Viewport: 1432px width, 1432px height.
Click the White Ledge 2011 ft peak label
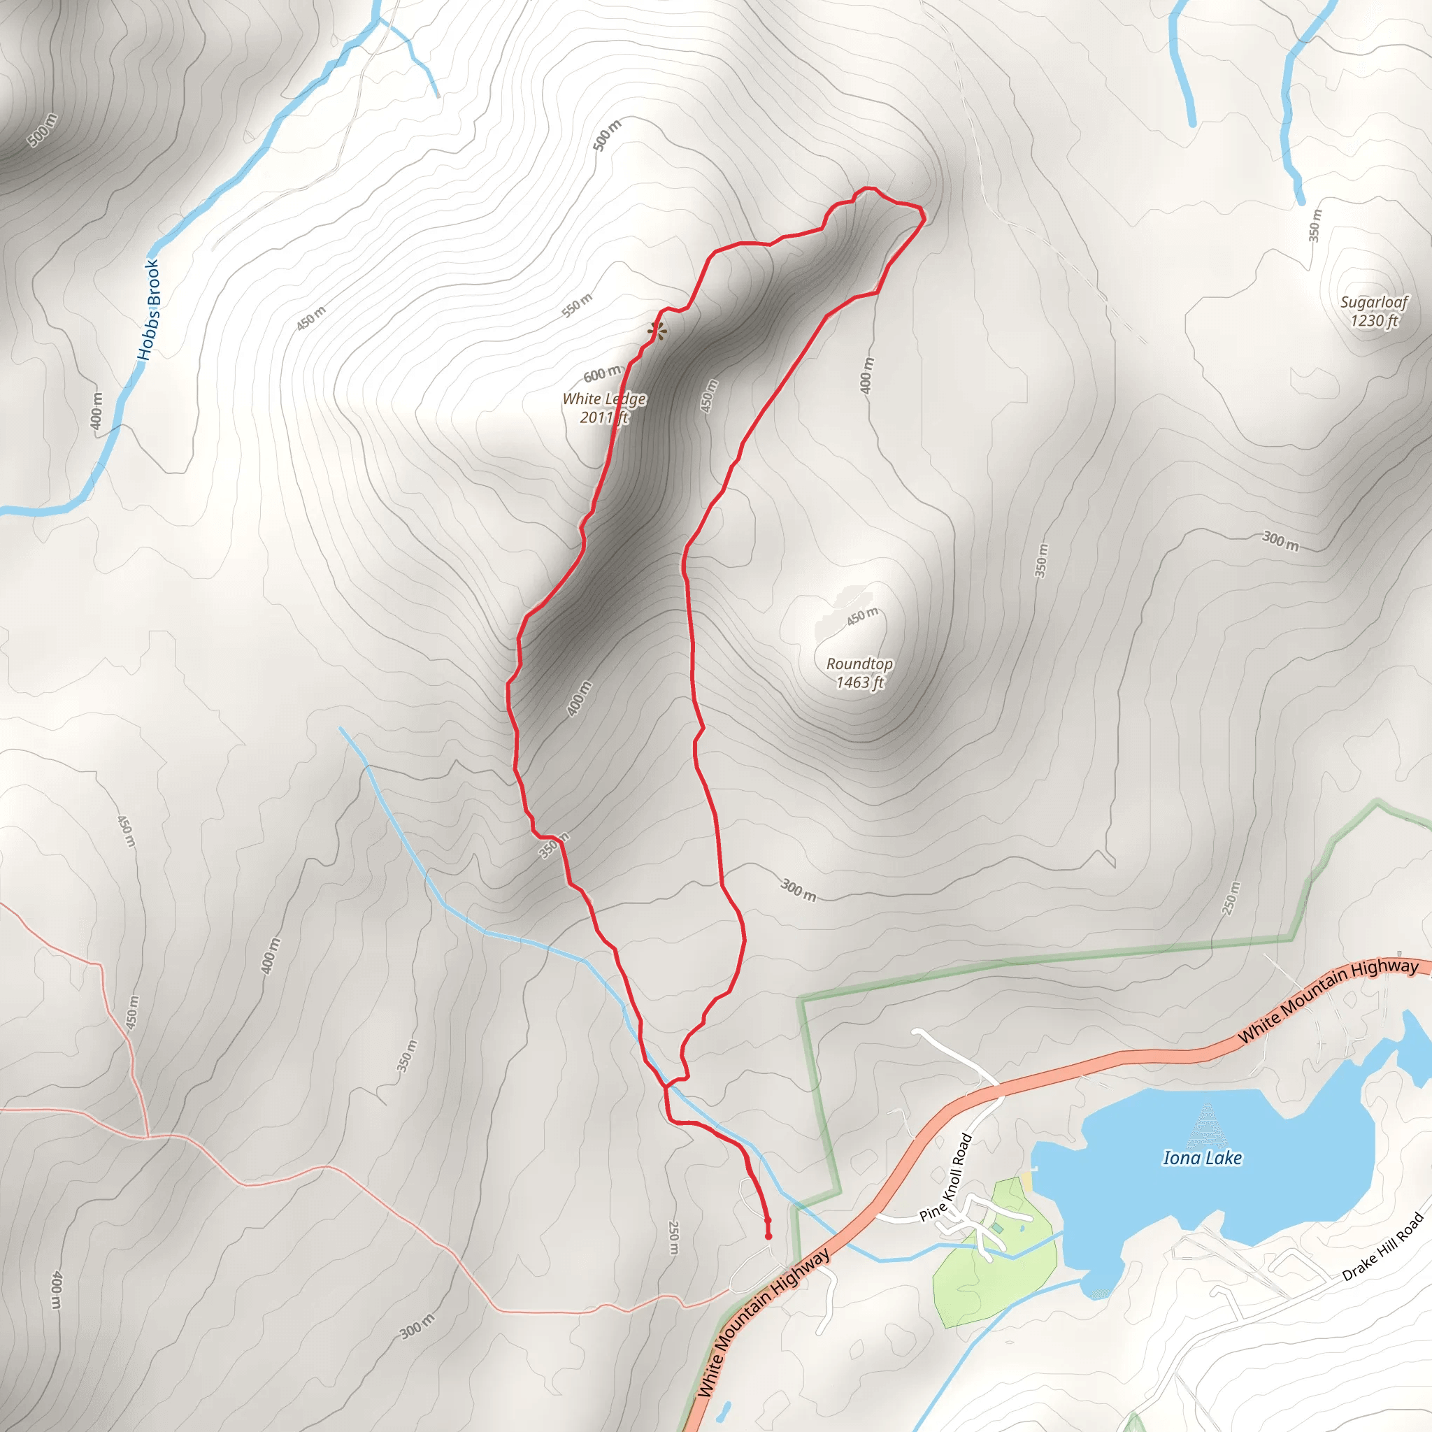point(603,408)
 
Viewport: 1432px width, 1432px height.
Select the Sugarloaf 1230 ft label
point(1373,311)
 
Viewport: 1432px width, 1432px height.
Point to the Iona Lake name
point(1202,1159)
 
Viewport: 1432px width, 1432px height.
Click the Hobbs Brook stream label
point(149,310)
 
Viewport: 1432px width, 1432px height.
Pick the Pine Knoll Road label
point(945,1178)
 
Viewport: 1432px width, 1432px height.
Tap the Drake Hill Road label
point(1383,1247)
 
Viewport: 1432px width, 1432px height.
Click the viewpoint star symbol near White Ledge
point(657,331)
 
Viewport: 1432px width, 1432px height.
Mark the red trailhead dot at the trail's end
point(768,1236)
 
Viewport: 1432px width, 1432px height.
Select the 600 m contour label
point(602,373)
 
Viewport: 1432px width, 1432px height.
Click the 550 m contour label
point(577,306)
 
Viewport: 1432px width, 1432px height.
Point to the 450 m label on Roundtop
point(862,616)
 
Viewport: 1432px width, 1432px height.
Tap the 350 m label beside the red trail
point(553,846)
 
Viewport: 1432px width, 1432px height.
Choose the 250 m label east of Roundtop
point(1231,898)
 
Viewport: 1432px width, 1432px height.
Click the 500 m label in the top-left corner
point(41,130)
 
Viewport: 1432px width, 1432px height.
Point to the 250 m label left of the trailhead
point(674,1238)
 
